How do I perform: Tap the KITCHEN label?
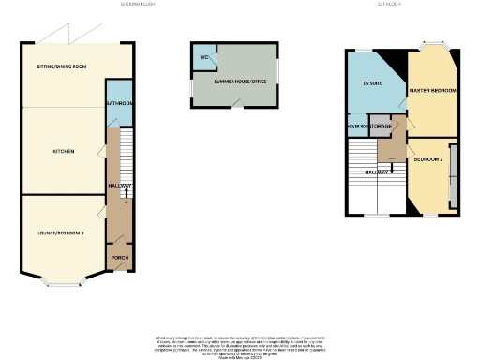tap(64, 151)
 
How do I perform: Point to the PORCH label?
tap(119, 257)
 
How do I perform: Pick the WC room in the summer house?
tap(203, 57)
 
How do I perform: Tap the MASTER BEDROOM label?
tap(433, 90)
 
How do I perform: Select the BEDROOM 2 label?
tap(427, 159)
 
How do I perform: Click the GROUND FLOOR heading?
tap(138, 5)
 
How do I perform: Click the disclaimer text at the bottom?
tap(240, 343)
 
